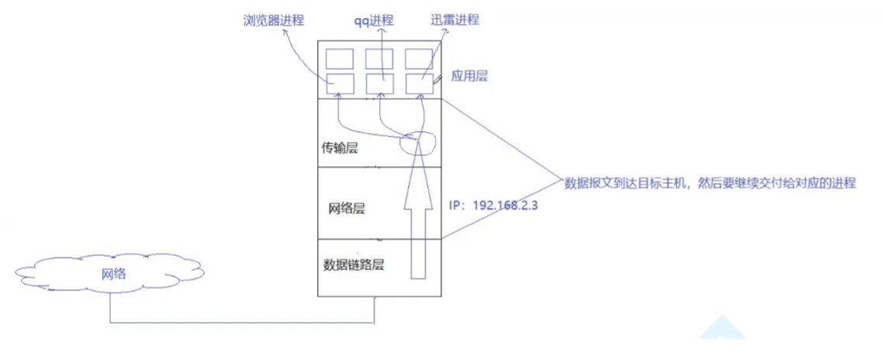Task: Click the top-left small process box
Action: pos(340,58)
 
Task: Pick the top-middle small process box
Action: pos(380,58)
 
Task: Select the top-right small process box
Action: pos(419,58)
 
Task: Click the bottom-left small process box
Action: pos(340,82)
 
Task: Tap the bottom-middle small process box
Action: pos(380,82)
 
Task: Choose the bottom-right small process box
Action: pos(419,82)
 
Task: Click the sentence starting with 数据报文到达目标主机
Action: pos(710,184)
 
